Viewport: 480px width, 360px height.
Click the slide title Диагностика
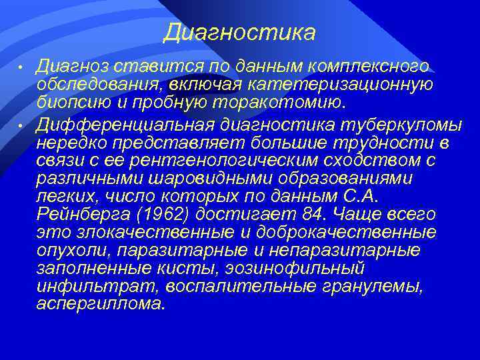coord(239,32)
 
